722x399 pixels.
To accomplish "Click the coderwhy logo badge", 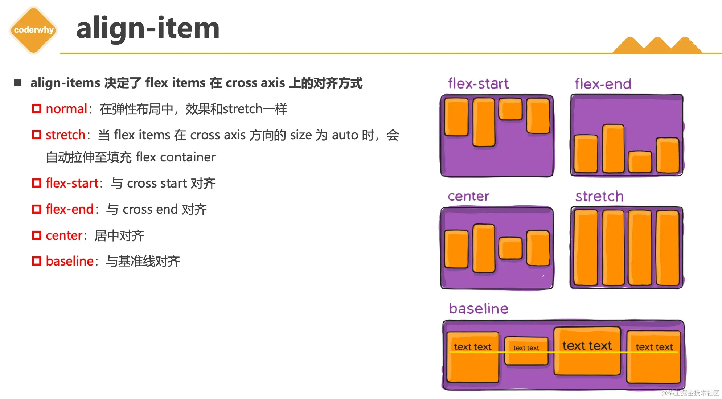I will click(x=34, y=30).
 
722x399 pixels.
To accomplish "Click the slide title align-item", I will click(x=148, y=28).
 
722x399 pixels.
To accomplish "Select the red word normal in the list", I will click(x=66, y=109).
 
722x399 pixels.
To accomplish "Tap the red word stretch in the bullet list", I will click(x=65, y=135).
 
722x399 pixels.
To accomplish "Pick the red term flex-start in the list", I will click(x=72, y=183).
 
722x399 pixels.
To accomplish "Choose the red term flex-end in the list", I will click(x=70, y=209).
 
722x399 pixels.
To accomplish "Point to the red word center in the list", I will click(x=64, y=235).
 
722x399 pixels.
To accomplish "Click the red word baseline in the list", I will click(x=70, y=261).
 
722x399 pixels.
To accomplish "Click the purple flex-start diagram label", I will click(x=478, y=84).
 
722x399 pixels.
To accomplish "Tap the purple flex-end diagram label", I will click(x=603, y=84).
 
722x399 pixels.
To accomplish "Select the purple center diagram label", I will click(x=468, y=196).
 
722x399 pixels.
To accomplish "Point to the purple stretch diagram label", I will click(x=599, y=197).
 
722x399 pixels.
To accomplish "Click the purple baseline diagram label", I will click(x=479, y=309).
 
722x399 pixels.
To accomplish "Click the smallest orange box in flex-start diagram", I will click(x=510, y=109).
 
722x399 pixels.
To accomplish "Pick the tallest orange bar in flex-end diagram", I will click(x=613, y=149).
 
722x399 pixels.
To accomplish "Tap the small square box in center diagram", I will click(x=510, y=248).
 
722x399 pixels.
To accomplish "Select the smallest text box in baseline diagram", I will click(x=526, y=351).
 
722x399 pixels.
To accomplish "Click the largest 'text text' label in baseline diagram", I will click(x=587, y=346).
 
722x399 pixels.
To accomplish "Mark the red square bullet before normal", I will click(x=37, y=109).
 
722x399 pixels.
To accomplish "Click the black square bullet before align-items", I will click(x=18, y=83).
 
